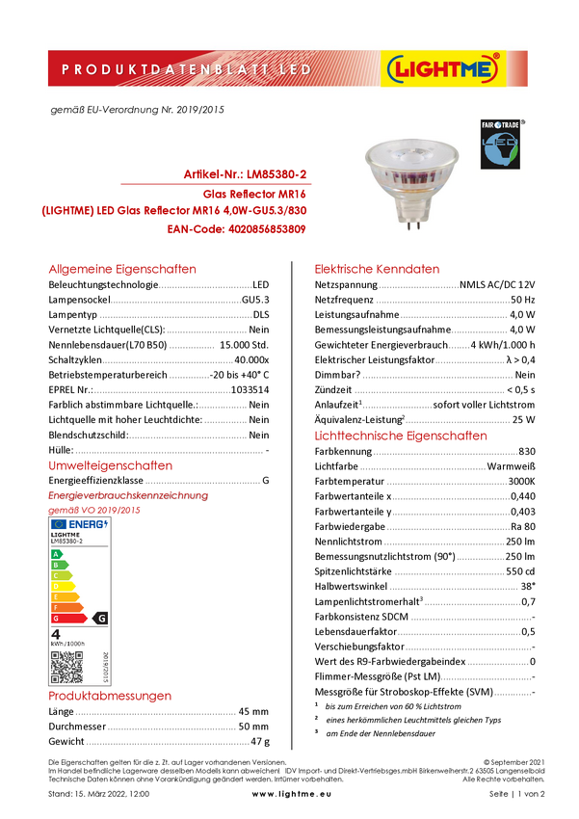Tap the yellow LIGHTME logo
(442, 69)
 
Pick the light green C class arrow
(62, 575)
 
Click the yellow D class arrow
(64, 586)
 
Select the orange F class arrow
(66, 607)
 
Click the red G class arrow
(68, 618)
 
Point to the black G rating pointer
(99, 618)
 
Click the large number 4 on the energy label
(56, 634)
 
